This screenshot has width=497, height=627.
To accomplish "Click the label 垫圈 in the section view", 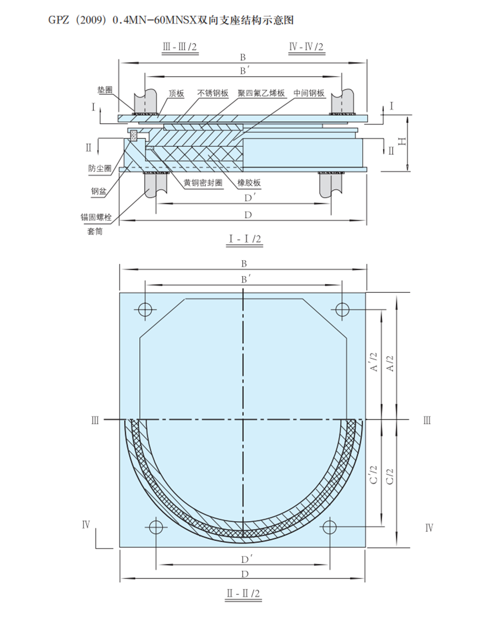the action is coord(105,90).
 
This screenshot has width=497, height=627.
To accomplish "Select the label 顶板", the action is coord(176,93).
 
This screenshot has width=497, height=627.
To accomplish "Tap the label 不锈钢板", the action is coord(213,93).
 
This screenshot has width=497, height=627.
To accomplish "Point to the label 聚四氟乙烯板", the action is coord(261,93).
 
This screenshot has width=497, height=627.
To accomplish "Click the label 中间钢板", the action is coord(309,93).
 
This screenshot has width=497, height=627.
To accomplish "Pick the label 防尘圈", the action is coord(100,168).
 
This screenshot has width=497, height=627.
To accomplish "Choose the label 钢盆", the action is coord(98,191).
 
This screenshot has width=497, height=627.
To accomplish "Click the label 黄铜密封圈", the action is coord(203,183).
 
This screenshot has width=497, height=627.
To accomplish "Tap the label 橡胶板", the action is coord(248,183).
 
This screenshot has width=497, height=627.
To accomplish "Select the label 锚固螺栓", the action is coord(96,217).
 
